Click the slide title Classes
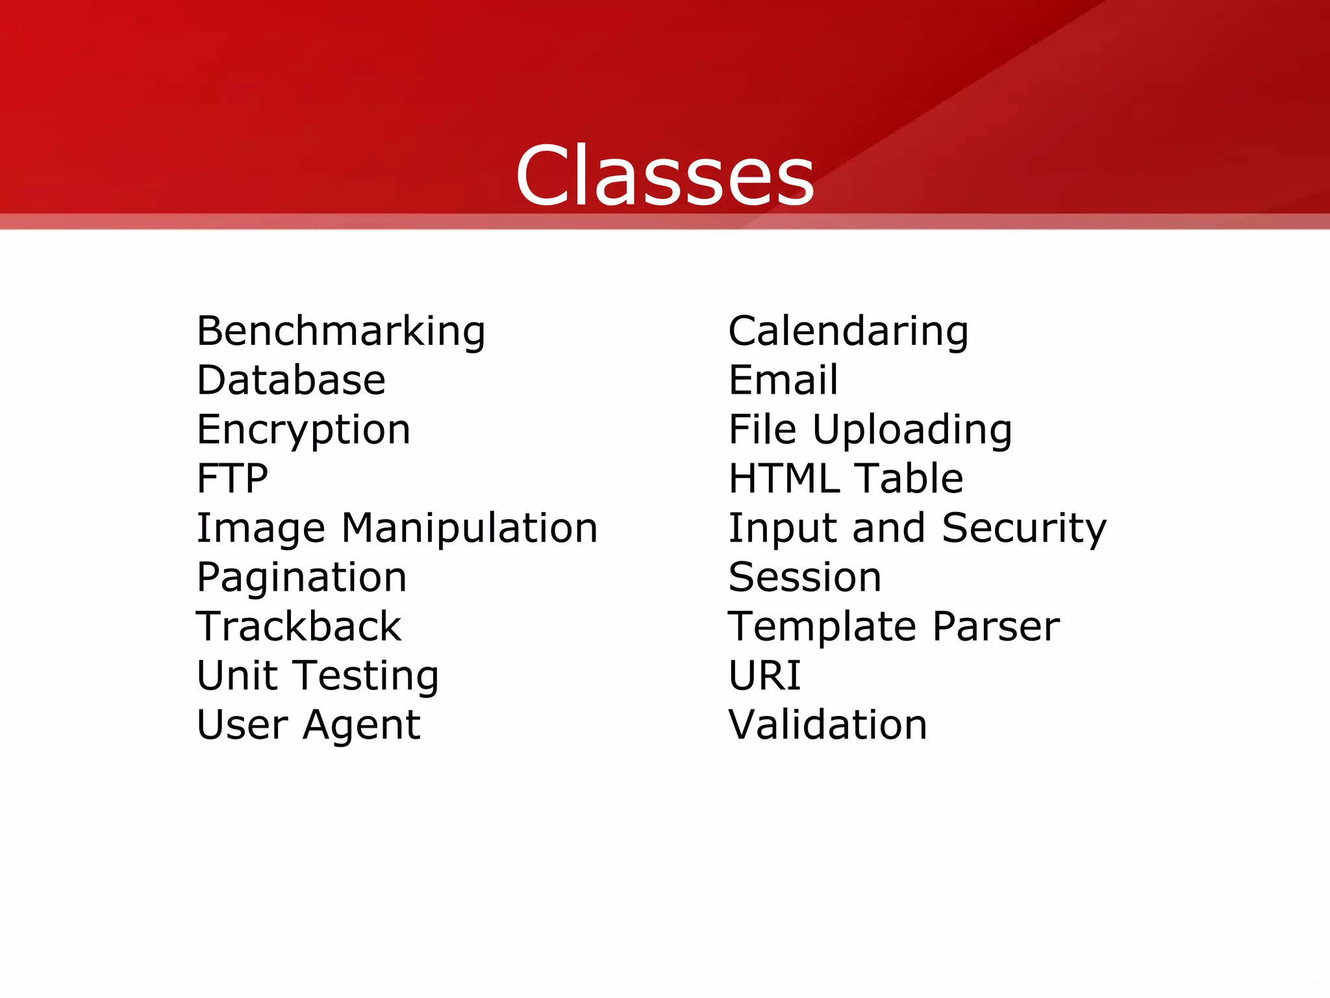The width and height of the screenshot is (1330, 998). (664, 175)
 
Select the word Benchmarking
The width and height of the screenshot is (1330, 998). (341, 331)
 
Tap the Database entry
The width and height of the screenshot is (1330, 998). (291, 380)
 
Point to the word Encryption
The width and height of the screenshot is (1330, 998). (303, 430)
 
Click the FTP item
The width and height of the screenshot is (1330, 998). (232, 479)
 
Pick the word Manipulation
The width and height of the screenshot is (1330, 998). (469, 528)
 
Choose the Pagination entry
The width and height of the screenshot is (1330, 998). (301, 577)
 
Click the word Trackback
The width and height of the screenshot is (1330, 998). (299, 626)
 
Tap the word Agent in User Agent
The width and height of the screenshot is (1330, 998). (361, 725)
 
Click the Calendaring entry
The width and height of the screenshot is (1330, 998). (848, 331)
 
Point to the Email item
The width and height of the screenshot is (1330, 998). (783, 380)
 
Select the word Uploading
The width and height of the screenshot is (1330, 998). (912, 430)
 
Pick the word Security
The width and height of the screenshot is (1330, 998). (1023, 528)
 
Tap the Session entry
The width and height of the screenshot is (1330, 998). (805, 577)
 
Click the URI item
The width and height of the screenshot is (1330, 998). (764, 675)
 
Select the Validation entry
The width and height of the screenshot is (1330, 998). (827, 724)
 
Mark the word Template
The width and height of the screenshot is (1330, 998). (822, 626)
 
